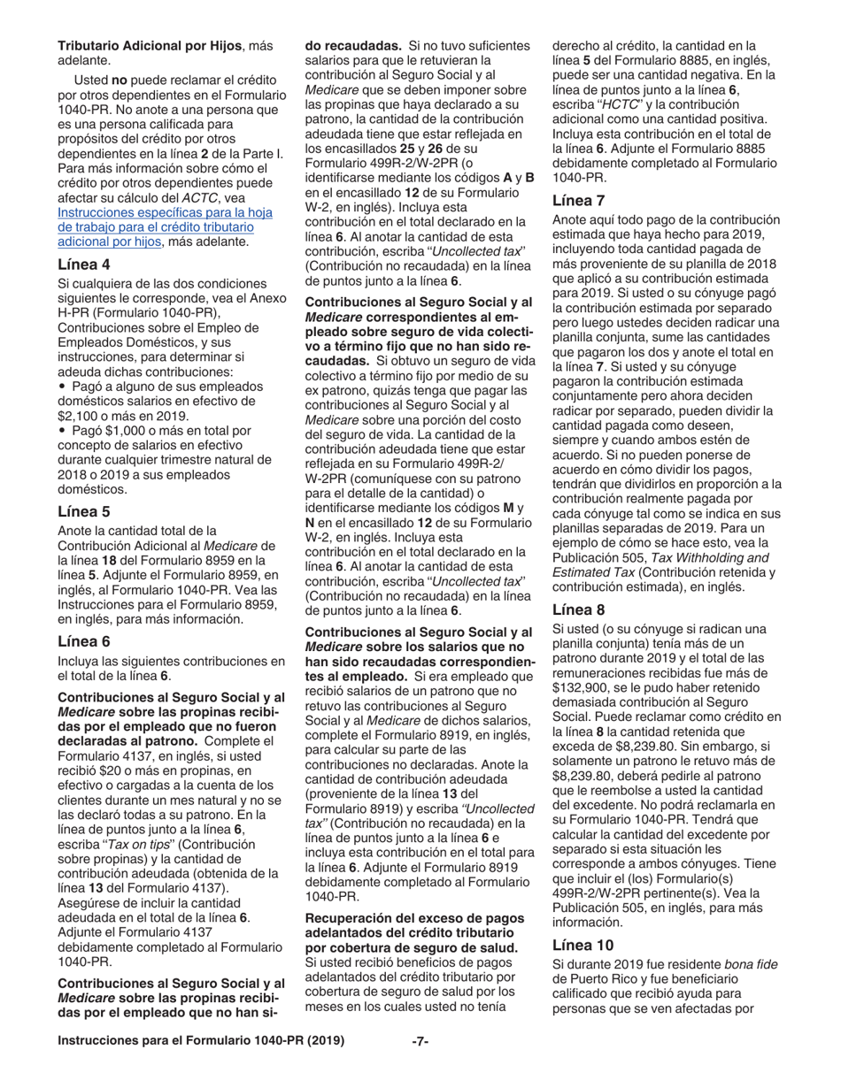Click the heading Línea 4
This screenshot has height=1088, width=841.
(x=84, y=264)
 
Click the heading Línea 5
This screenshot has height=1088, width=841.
(x=84, y=510)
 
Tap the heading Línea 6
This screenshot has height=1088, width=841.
(x=84, y=640)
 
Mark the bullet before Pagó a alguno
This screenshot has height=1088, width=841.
(x=61, y=387)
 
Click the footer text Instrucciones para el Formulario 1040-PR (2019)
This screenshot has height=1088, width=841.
(x=201, y=1041)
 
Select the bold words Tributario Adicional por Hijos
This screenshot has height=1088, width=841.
(x=151, y=45)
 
